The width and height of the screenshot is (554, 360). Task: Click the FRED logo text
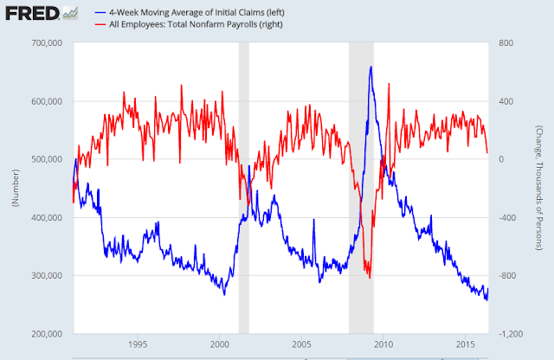tap(32, 14)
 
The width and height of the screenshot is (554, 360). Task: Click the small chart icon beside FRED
tap(70, 14)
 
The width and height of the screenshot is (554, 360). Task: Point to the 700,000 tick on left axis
tap(46, 43)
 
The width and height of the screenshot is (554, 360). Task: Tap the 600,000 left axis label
tap(46, 101)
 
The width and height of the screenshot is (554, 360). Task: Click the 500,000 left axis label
tap(46, 159)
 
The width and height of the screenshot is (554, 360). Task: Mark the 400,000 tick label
tap(46, 217)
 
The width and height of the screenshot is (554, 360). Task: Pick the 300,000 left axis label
tap(46, 275)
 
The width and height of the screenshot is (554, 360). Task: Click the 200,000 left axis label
tap(46, 334)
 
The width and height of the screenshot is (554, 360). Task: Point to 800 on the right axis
tap(506, 43)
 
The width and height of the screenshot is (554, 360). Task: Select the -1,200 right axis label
tap(511, 334)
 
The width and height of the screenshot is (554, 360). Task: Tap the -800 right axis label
tap(507, 275)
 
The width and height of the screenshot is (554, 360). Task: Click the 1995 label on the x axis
tap(138, 344)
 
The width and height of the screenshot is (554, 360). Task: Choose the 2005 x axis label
tap(301, 344)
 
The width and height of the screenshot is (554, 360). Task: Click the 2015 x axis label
tap(466, 344)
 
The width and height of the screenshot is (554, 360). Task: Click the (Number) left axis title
tap(16, 188)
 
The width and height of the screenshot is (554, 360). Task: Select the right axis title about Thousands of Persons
tap(538, 188)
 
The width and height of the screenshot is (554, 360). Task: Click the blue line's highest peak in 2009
tap(370, 67)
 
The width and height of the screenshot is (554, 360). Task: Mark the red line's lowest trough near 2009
tap(370, 278)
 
